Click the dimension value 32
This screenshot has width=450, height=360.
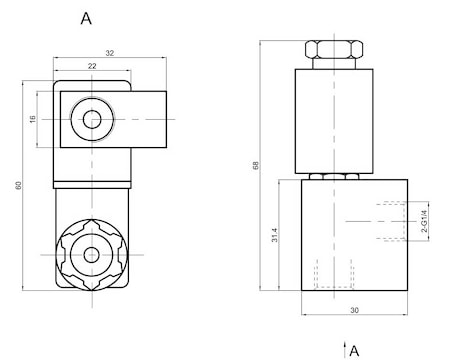pyautogui.click(x=110, y=53)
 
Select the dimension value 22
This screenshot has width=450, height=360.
pyautogui.click(x=92, y=66)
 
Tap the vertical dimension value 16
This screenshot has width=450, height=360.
pyautogui.click(x=32, y=119)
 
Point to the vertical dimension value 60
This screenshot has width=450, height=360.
pyautogui.click(x=19, y=185)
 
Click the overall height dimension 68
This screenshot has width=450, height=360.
pyautogui.click(x=256, y=165)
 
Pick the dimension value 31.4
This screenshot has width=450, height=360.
pyautogui.click(x=274, y=235)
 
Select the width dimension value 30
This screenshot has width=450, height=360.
pyautogui.click(x=354, y=310)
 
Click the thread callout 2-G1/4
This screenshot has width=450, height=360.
pyautogui.click(x=424, y=221)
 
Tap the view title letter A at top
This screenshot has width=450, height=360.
pyautogui.click(x=86, y=18)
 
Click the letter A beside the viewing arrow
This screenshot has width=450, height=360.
pyautogui.click(x=354, y=351)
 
